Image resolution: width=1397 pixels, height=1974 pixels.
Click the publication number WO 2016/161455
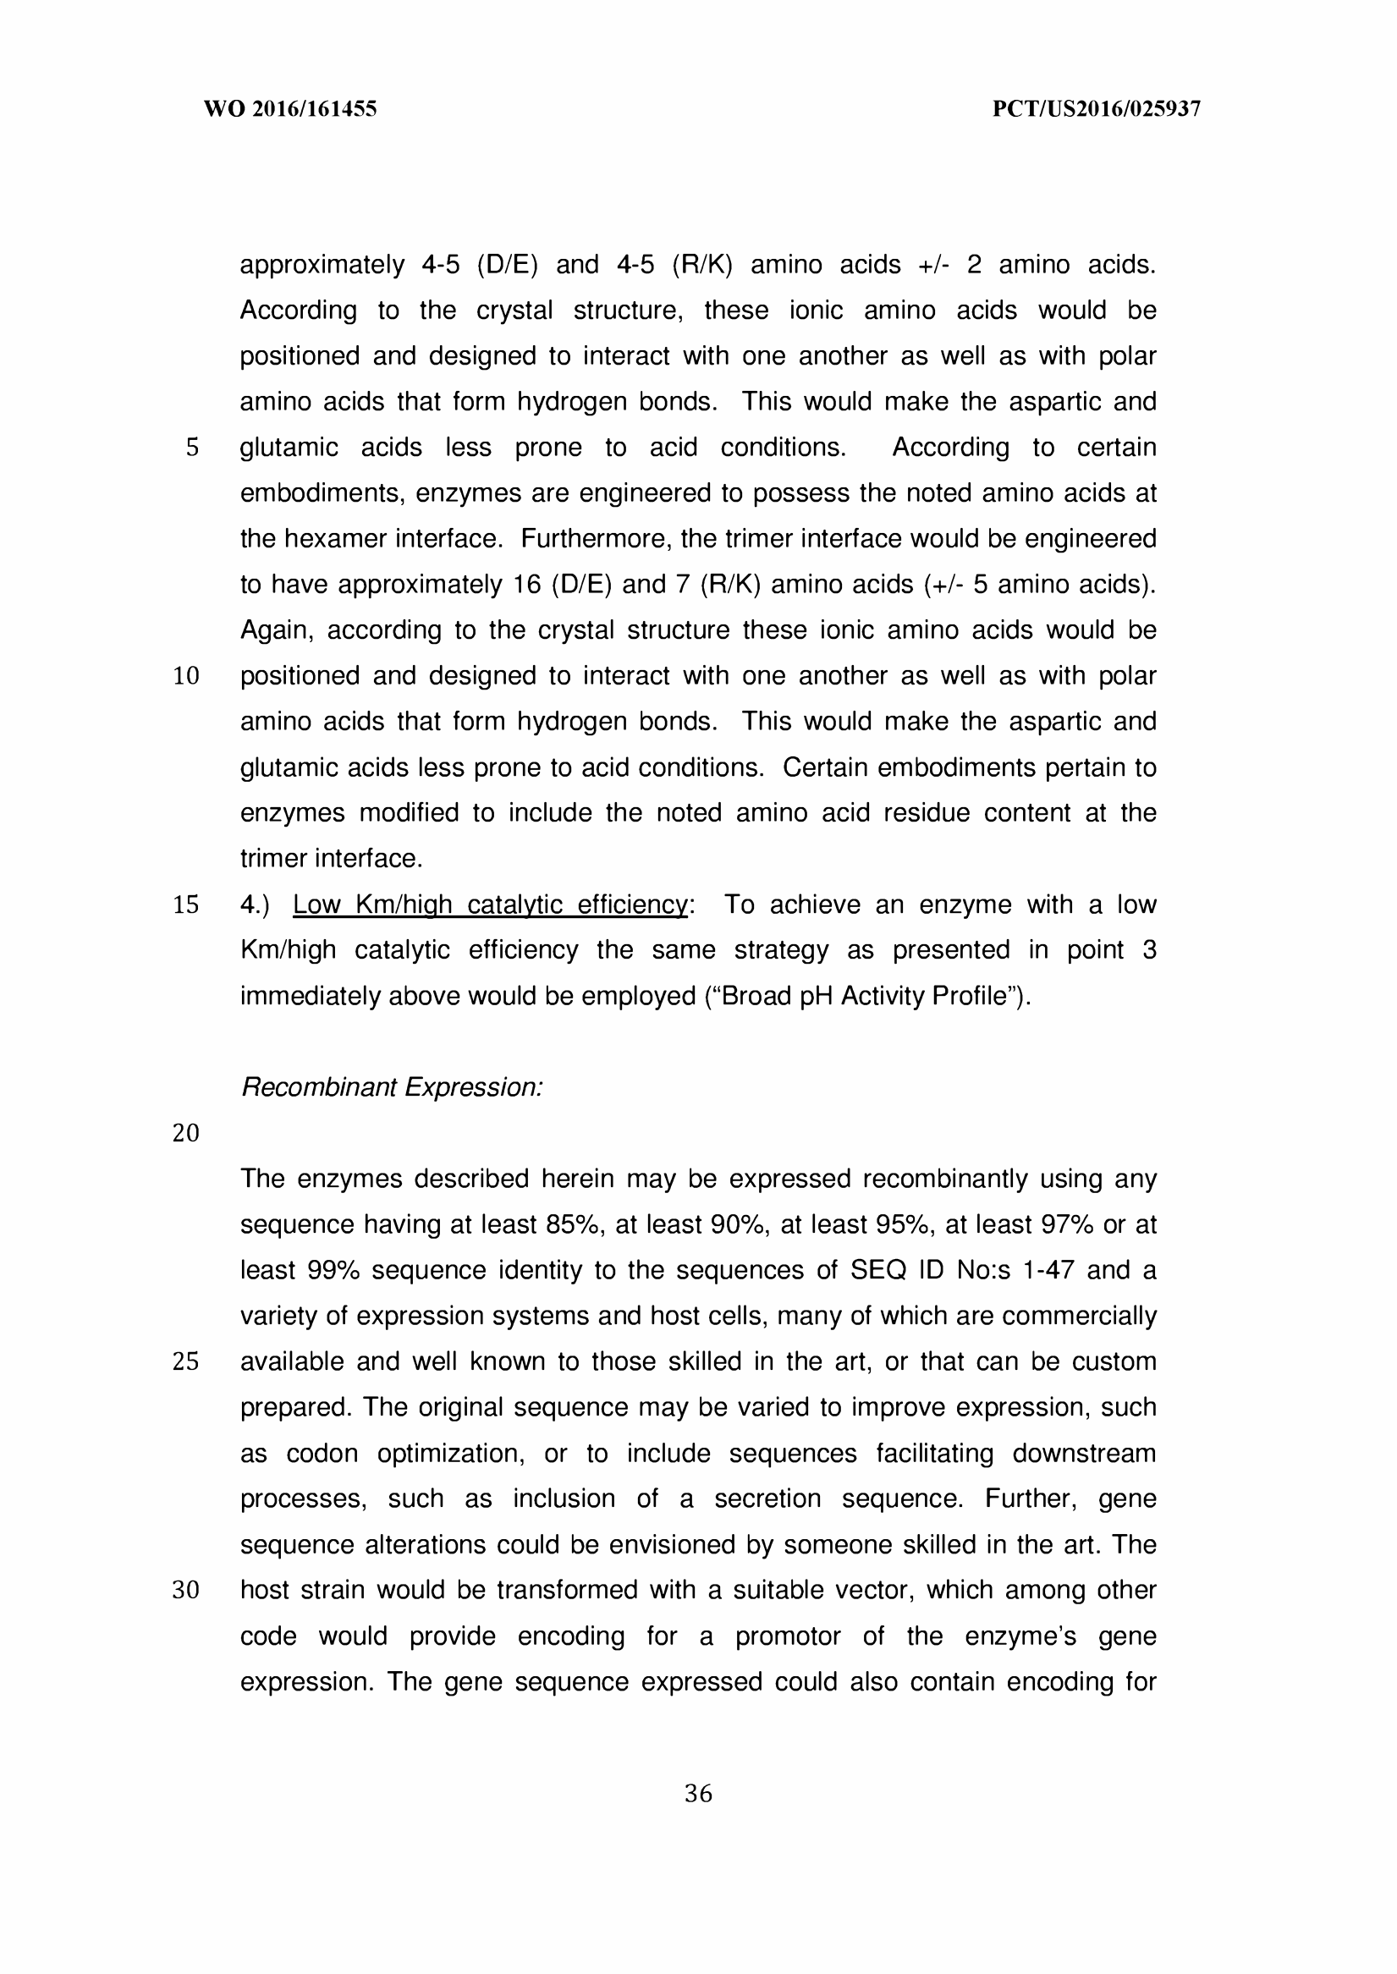coord(290,109)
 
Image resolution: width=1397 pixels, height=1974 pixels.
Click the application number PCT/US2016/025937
coord(1096,109)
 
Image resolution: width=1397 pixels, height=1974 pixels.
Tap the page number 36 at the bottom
coord(697,1794)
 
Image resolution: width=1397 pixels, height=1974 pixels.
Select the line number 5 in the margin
coord(192,448)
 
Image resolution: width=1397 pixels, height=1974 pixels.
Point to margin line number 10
coord(186,676)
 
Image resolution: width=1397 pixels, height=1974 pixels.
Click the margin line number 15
coord(186,905)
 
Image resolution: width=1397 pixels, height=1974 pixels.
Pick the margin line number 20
coord(186,1133)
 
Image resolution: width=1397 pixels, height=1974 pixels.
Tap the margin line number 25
coord(186,1361)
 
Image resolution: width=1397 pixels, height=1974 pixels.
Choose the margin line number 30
coord(186,1591)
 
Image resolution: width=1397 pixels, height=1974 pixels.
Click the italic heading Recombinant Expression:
coord(392,1087)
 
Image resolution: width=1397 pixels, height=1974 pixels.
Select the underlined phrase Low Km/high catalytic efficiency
coord(489,905)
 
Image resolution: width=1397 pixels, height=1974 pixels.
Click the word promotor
coord(787,1636)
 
